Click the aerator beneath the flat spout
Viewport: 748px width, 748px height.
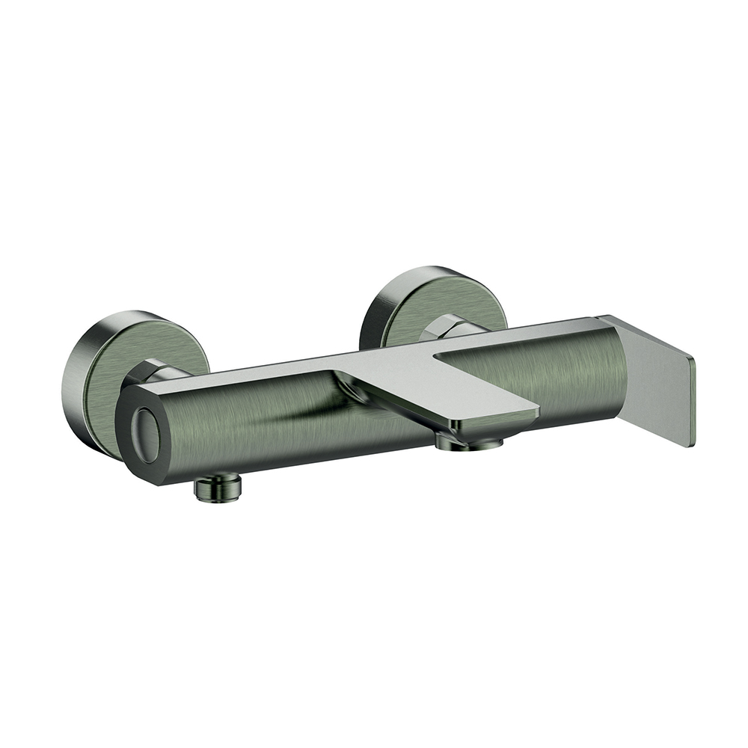click(x=469, y=444)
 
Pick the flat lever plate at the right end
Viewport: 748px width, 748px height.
click(x=658, y=381)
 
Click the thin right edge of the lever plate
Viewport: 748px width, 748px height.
click(x=693, y=404)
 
